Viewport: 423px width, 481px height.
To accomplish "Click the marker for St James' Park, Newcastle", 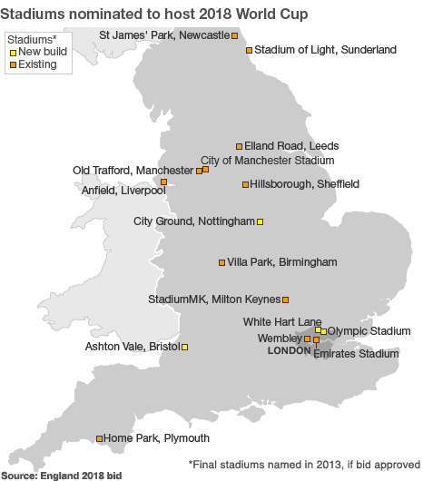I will (235, 35).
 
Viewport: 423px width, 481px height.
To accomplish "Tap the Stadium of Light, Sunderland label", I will (325, 50).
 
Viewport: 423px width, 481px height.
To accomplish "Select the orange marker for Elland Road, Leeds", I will (240, 145).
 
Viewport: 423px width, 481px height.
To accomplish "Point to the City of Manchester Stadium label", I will (267, 160).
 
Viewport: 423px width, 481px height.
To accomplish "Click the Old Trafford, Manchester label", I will (133, 170).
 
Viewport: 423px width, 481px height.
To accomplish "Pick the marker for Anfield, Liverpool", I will (163, 182).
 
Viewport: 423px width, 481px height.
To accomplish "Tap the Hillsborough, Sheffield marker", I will (245, 184).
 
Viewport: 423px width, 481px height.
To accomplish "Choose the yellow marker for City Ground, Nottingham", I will (261, 221).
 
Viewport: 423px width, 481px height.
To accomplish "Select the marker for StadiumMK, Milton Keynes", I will (285, 299).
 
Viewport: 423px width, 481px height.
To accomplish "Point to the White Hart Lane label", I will (282, 321).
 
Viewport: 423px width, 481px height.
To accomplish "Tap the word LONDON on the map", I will (290, 350).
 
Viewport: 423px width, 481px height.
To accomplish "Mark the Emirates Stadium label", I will (355, 354).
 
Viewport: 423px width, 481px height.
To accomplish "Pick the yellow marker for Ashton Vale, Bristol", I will (185, 347).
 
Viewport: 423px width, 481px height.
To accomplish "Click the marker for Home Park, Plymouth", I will (100, 438).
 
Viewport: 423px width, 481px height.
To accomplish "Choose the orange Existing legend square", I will (13, 65).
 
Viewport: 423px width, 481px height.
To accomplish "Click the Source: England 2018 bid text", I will (61, 475).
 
